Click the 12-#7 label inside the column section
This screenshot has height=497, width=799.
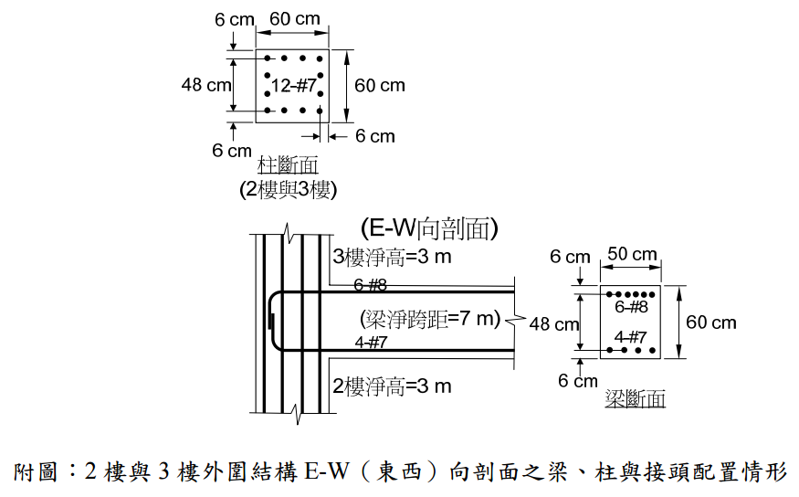(x=294, y=86)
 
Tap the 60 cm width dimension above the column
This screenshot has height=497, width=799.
(x=294, y=18)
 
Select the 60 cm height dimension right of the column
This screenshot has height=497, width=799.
(x=379, y=86)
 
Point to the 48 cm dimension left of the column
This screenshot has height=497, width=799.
(x=205, y=85)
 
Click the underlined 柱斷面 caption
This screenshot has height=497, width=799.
(x=288, y=166)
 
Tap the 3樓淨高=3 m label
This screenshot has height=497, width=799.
(x=392, y=256)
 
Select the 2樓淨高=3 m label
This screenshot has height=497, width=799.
(x=392, y=386)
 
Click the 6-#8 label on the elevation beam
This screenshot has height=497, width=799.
(x=370, y=285)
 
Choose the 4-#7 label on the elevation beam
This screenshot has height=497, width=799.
(x=370, y=343)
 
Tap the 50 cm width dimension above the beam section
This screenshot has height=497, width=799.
(x=632, y=254)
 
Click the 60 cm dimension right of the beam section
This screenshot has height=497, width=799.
(x=711, y=322)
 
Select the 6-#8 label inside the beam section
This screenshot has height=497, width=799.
(x=631, y=307)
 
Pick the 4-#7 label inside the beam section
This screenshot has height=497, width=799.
(x=631, y=336)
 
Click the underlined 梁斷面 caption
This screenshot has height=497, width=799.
(x=635, y=399)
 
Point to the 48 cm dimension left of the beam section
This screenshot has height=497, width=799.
(x=554, y=323)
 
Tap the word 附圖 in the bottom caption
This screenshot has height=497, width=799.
(x=37, y=472)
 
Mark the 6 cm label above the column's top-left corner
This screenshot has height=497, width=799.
(x=234, y=18)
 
